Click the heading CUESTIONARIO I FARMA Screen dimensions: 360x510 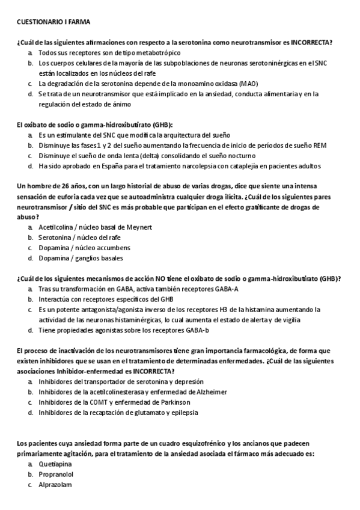click(x=53, y=22)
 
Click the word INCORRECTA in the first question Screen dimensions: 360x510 click(x=311, y=43)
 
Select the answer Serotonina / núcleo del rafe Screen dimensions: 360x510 click(x=79, y=238)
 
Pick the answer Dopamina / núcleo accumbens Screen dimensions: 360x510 click(x=82, y=248)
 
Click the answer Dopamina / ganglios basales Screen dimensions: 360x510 click(x=81, y=259)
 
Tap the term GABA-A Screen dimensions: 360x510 click(x=222, y=289)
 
